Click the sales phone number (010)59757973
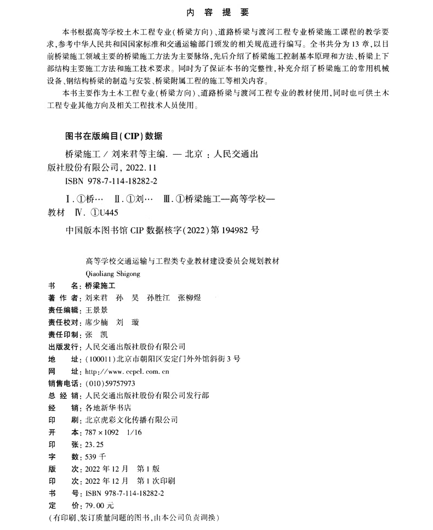[x=107, y=383]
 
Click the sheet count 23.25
[x=92, y=444]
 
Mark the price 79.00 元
[x=96, y=505]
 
